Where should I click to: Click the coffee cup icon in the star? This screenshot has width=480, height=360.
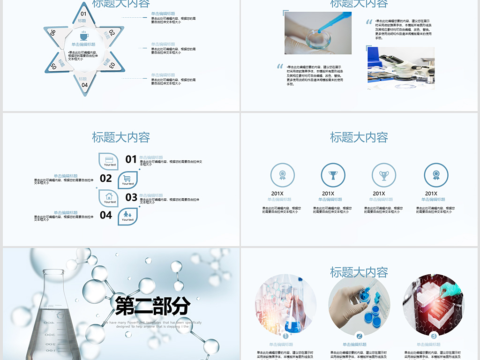coord(84,36)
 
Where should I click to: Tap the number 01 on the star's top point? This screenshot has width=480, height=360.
coord(83,14)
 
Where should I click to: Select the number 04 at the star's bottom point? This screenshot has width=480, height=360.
coord(84,85)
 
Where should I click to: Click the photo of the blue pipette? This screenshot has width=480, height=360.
coord(318,33)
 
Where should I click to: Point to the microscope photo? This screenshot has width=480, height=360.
coord(401,67)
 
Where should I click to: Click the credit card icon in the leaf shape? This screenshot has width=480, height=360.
coord(109,160)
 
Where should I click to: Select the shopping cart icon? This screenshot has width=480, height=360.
coord(127,179)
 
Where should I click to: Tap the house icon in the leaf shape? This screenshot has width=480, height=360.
coord(109,196)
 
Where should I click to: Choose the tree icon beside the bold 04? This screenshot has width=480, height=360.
coord(127,215)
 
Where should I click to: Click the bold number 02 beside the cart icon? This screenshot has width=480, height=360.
coord(106,178)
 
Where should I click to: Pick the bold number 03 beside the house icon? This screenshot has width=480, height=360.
coord(131,197)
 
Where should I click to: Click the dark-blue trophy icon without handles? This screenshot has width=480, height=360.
coord(333,175)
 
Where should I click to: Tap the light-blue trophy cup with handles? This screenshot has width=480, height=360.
coord(384,175)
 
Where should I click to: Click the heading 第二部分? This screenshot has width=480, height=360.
coord(153,306)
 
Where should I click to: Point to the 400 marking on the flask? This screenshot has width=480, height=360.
coord(49,322)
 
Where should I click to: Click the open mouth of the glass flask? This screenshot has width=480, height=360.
coord(56,271)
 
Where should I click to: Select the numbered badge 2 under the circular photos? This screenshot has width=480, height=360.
coord(359,336)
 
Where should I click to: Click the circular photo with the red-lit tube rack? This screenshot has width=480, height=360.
coord(433,305)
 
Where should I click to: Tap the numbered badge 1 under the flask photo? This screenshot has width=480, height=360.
coord(285,336)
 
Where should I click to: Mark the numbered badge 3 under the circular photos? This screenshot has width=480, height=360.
coord(434,336)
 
